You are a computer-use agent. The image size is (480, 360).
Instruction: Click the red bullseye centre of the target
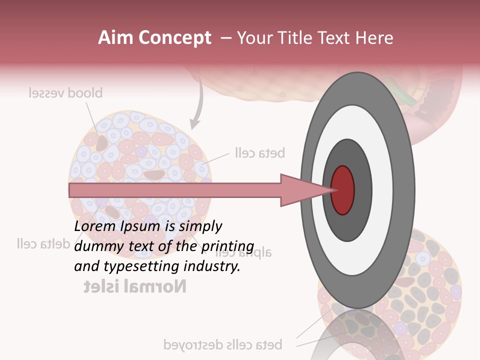[x=342, y=190]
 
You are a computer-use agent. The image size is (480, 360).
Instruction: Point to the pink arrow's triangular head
[x=300, y=190]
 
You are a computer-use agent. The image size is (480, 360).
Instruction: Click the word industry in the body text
[x=218, y=266]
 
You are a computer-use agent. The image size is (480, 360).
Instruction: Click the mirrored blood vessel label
[x=65, y=93]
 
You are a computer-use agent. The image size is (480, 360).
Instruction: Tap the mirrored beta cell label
[x=259, y=153]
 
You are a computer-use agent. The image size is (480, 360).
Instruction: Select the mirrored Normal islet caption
[x=134, y=286]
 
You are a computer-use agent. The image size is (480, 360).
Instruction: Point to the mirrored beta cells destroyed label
[x=223, y=344]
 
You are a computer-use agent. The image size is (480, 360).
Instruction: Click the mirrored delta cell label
[x=42, y=244]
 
